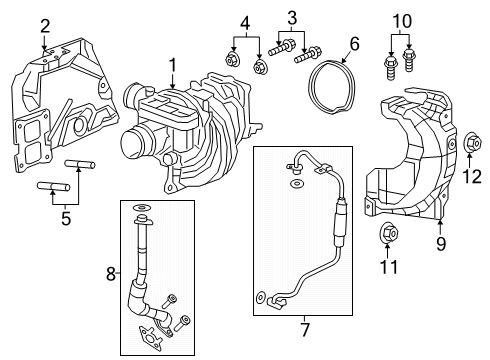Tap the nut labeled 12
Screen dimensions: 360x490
click(471, 148)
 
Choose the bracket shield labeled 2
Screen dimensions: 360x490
click(60, 110)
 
